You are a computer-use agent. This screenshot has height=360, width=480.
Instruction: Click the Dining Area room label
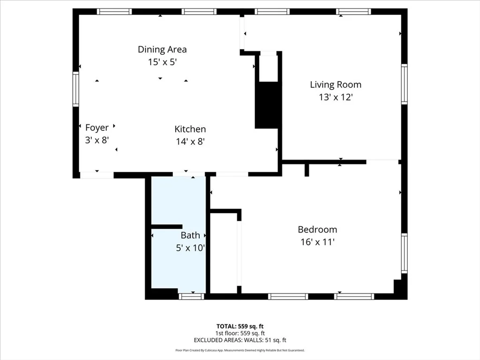162,49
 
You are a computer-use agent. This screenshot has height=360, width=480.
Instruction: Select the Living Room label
336,85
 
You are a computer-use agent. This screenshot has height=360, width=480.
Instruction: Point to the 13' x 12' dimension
335,97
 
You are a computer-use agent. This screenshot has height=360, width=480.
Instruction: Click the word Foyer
97,127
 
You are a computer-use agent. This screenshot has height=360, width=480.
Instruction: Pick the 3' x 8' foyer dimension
97,140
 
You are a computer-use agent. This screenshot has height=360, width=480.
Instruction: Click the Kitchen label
190,129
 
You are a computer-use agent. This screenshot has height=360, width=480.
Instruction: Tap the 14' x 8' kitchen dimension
190,141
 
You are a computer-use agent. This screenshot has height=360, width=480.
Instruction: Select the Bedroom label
317,230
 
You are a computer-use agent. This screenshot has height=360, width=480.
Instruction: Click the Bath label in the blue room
190,235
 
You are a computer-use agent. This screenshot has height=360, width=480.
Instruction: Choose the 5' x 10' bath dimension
190,248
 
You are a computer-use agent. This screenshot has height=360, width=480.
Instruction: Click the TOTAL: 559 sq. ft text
240,326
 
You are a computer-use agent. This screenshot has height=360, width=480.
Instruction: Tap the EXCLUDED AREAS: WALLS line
240,340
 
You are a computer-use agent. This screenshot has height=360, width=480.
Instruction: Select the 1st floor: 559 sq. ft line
240,333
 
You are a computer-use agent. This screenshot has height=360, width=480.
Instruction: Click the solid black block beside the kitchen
267,105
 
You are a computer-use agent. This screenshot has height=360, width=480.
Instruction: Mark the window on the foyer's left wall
75,89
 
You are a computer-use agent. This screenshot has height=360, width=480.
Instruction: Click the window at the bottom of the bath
192,296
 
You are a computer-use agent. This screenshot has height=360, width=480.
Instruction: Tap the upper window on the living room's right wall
404,84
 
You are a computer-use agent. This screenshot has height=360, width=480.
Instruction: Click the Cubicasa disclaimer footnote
240,350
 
